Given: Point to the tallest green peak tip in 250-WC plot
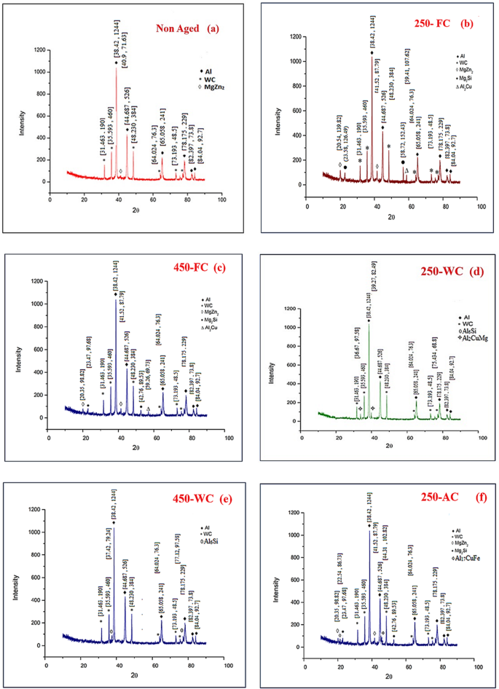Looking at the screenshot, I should point(369,321).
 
